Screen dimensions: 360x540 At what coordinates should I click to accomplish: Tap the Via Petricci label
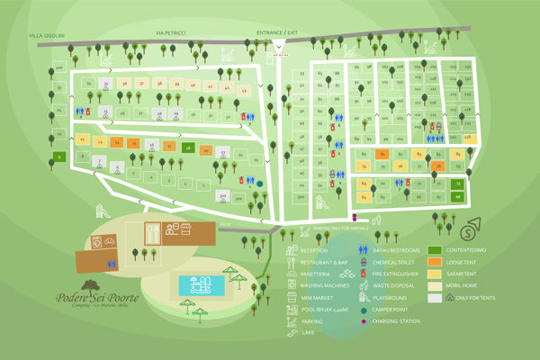pos(171,31)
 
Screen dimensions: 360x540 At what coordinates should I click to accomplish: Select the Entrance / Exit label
pos(276,31)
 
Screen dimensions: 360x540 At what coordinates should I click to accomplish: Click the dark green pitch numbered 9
pos(58,157)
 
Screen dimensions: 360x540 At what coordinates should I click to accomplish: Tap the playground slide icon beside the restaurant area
pos(102,212)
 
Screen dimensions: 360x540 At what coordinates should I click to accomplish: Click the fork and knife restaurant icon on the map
pos(154,230)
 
